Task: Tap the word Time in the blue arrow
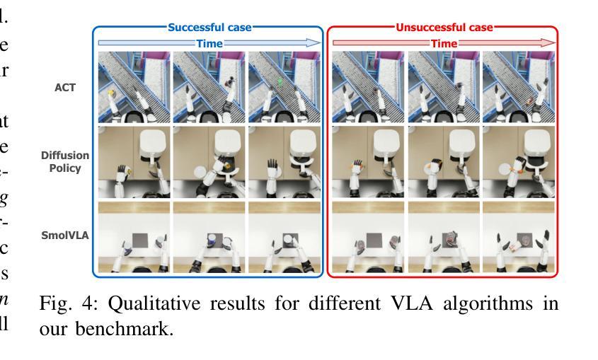click(209, 43)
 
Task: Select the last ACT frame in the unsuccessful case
click(518, 88)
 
